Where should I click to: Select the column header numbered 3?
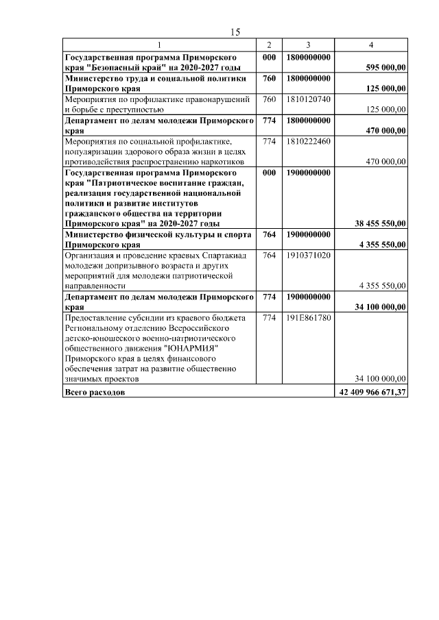pyautogui.click(x=308, y=45)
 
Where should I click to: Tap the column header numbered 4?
pyautogui.click(x=370, y=45)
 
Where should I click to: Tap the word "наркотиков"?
pyautogui.click(x=219, y=162)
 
